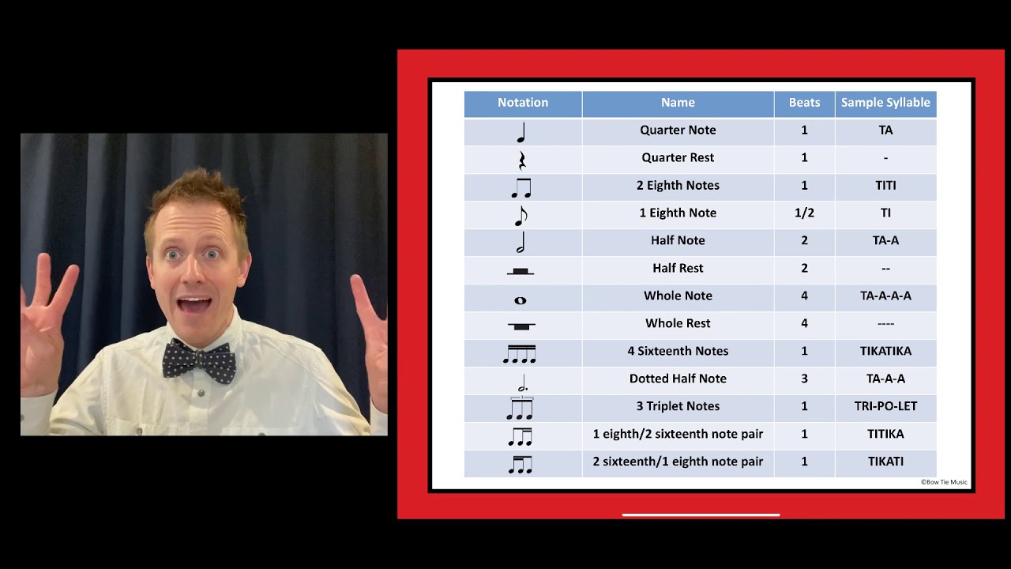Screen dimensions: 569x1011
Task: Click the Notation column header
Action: coord(522,103)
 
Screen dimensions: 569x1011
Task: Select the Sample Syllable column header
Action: coord(885,103)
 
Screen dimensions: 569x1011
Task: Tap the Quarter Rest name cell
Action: coord(678,158)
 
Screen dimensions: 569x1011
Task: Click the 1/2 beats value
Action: coord(804,213)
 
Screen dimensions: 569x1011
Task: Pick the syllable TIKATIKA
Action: coord(885,351)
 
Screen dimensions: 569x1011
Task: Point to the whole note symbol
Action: coord(520,300)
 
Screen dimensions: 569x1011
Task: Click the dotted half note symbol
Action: coord(521,383)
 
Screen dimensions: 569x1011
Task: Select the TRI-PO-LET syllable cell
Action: coord(885,406)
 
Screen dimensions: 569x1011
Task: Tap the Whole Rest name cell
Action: coord(678,323)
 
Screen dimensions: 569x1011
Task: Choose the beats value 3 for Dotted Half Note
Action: coord(804,379)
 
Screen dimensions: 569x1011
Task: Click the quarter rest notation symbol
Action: coord(521,160)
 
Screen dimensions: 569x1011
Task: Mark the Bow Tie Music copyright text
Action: coord(944,482)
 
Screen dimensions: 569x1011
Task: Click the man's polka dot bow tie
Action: coord(199,360)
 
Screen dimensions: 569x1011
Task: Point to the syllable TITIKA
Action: coord(885,434)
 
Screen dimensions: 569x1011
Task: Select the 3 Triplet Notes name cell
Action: coord(678,406)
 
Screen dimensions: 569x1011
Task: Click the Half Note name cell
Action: coord(678,240)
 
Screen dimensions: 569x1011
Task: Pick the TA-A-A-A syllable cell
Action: coord(885,296)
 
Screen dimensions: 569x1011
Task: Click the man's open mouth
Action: coord(194,304)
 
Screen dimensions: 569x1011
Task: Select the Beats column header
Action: coord(804,103)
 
